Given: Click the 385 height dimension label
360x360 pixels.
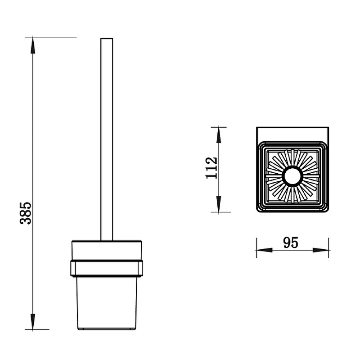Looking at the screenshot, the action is (x=26, y=213).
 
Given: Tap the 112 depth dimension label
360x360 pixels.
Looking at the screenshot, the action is (x=211, y=168).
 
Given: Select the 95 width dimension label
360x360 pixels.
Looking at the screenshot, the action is (x=291, y=243).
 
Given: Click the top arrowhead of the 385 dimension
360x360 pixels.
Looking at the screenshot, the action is (x=33, y=45).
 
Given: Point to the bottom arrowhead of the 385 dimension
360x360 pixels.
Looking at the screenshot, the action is (x=33, y=322).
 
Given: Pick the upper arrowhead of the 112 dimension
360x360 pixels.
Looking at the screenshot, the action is (x=219, y=135).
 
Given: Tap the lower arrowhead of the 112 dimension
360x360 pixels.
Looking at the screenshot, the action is (x=219, y=204).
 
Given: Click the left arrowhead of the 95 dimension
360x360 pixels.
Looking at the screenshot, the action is (x=264, y=250).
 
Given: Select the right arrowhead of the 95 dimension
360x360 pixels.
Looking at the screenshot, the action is (x=321, y=250).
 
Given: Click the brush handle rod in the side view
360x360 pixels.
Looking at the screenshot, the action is (x=107, y=139).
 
